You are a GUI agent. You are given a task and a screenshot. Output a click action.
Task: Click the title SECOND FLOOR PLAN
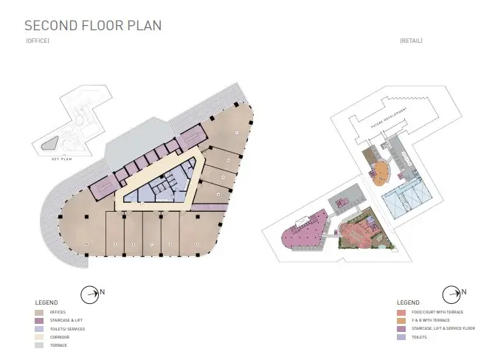[93, 25]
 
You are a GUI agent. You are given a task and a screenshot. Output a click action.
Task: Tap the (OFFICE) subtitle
[38, 41]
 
